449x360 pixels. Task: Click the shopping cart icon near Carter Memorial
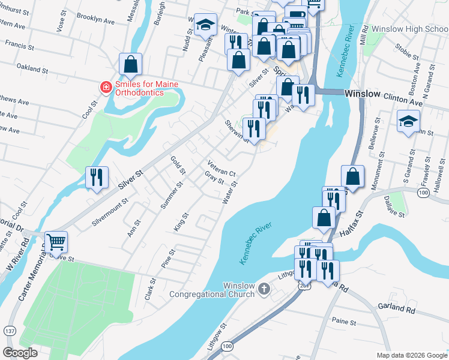[56, 242]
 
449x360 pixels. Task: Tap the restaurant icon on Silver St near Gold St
[97, 177]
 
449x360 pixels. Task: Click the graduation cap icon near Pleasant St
[205, 25]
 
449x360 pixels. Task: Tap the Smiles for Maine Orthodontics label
[146, 88]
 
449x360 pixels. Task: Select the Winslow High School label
[409, 29]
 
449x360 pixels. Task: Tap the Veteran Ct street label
[221, 167]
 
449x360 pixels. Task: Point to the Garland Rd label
[397, 310]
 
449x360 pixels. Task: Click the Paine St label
[343, 322]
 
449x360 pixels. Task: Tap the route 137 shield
[9, 331]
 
